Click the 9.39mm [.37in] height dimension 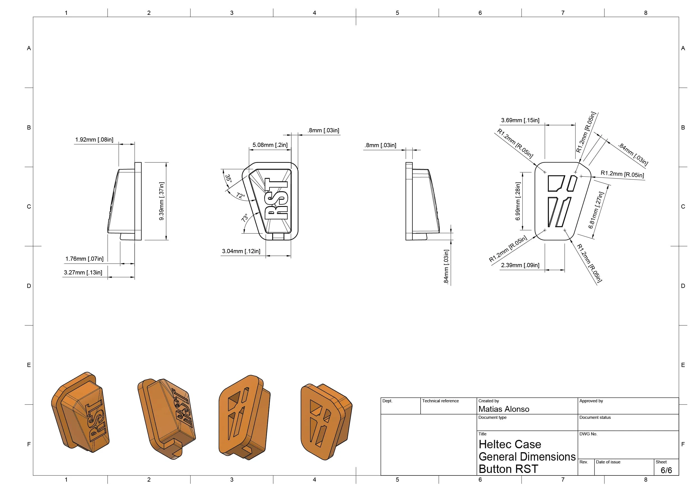[162, 201]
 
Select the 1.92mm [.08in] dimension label [94, 140]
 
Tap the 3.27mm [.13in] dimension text [83, 272]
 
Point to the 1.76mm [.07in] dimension [85, 259]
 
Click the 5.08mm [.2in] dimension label [270, 145]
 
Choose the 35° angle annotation [228, 179]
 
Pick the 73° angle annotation [245, 218]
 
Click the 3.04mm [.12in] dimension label [241, 251]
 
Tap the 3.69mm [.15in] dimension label [520, 120]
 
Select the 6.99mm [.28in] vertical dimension [518, 201]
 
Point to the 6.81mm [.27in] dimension [596, 210]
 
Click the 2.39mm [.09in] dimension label [520, 265]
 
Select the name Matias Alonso [504, 409]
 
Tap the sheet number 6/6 [666, 470]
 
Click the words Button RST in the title [508, 469]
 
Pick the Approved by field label [591, 401]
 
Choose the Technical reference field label [441, 401]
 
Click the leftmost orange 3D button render [80, 412]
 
